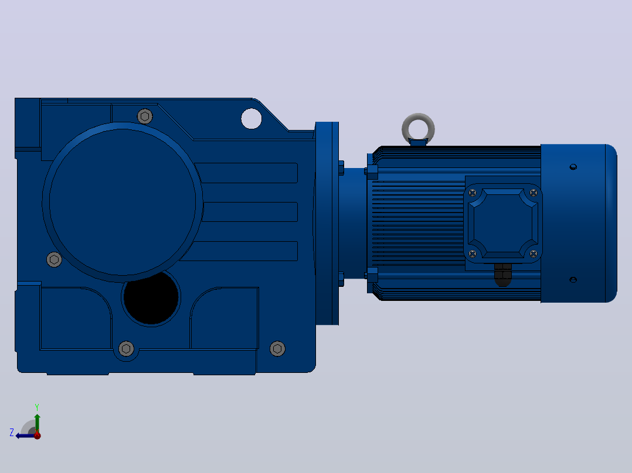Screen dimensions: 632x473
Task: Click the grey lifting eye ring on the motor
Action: click(x=419, y=116)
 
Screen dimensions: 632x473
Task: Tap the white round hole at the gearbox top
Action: click(x=252, y=119)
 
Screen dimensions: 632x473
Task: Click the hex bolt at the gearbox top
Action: click(x=145, y=116)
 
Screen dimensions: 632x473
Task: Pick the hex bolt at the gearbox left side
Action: click(x=54, y=260)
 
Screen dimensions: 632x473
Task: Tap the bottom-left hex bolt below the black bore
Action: click(x=126, y=349)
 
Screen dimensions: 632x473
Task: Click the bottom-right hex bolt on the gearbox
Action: click(x=277, y=349)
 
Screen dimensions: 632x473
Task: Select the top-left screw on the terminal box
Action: click(x=473, y=193)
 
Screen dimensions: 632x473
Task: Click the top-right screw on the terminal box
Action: click(x=534, y=193)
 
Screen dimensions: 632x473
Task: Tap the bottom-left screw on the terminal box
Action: click(x=473, y=253)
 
